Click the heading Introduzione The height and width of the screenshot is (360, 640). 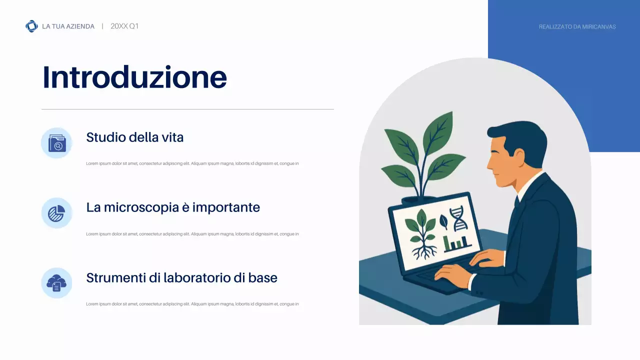tap(134, 77)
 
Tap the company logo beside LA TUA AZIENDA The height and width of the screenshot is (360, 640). tap(31, 26)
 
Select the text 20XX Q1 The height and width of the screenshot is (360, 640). tap(124, 26)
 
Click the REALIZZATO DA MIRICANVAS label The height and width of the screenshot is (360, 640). tap(577, 27)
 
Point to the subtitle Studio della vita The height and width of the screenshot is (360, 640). tap(134, 137)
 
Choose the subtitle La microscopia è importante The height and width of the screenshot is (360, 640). tap(173, 207)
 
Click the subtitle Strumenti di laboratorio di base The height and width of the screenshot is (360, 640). tap(181, 277)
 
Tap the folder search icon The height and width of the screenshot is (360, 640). tap(56, 143)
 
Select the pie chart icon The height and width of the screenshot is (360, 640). tap(56, 213)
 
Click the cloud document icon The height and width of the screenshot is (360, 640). tap(56, 283)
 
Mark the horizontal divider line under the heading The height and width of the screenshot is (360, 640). tap(187, 109)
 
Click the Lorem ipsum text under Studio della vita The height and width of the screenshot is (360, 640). tap(192, 163)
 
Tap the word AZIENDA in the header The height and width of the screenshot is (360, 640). tap(80, 26)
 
